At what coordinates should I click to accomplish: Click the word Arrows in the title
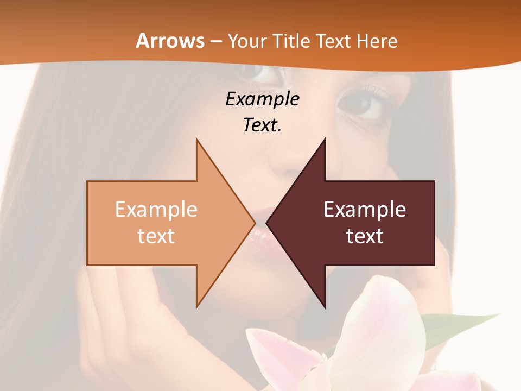point(169,41)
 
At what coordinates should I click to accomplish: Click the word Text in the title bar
point(333,41)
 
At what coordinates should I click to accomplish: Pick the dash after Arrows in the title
point(215,42)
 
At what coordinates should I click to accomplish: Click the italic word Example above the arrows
point(262,99)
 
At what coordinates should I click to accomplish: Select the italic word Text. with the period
point(262,125)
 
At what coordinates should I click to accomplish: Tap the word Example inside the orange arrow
point(156,210)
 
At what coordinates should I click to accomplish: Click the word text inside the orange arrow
point(156,236)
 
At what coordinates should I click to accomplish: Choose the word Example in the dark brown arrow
point(365,210)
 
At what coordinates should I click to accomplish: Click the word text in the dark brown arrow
point(365,236)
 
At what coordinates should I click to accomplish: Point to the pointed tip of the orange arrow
point(255,223)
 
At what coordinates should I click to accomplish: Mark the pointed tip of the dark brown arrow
point(267,223)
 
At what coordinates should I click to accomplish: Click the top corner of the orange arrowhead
point(196,140)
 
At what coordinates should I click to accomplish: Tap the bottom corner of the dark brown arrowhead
point(325,306)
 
